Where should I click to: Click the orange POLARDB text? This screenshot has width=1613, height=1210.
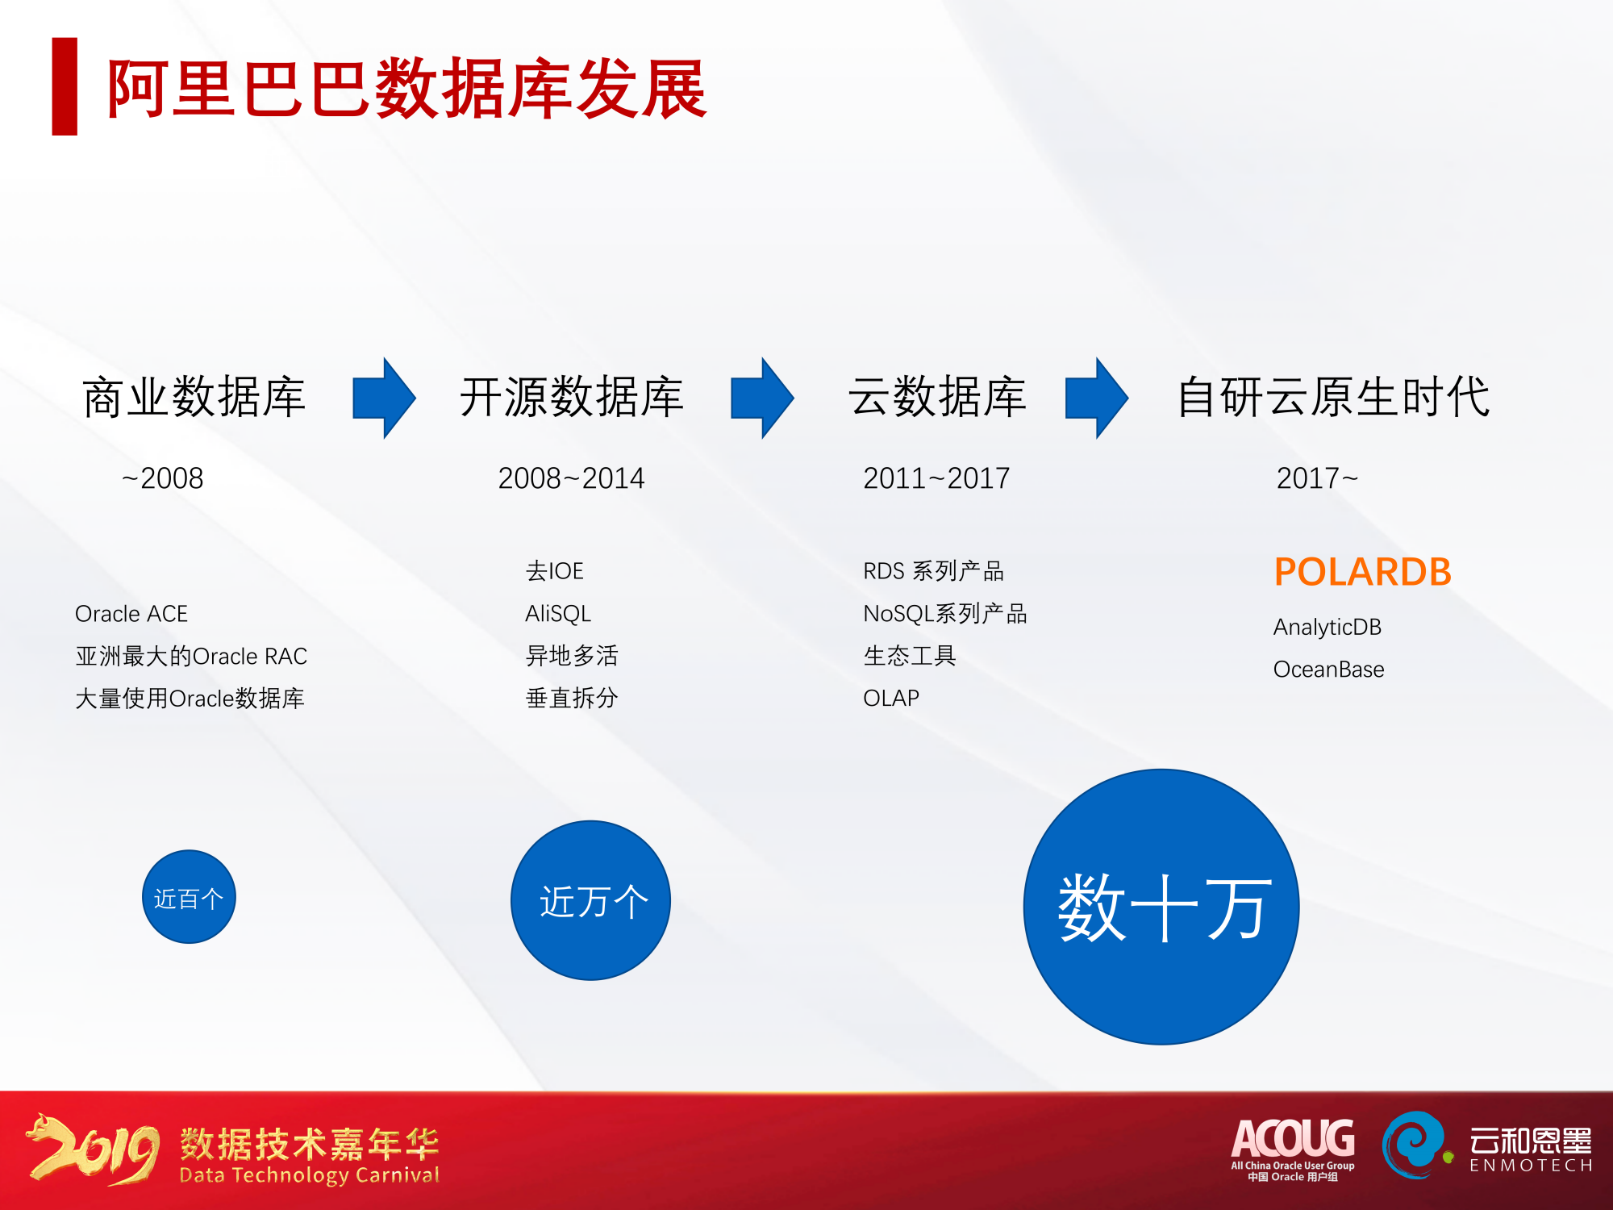pyautogui.click(x=1362, y=572)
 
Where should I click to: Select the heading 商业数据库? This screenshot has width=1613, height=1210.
pyautogui.click(x=194, y=397)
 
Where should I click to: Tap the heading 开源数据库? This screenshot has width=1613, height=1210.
pyautogui.click(x=572, y=397)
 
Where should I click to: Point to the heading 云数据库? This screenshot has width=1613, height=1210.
pyautogui.click(x=937, y=397)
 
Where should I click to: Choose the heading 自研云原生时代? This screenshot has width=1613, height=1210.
pyautogui.click(x=1333, y=397)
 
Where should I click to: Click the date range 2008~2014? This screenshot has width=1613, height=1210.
pyautogui.click(x=571, y=478)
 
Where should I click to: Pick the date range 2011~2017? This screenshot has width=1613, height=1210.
pyautogui.click(x=936, y=478)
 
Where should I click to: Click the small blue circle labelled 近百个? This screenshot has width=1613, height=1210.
pyautogui.click(x=189, y=897)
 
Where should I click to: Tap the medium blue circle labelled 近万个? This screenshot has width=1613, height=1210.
pyautogui.click(x=590, y=900)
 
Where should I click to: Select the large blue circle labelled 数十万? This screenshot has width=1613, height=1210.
pyautogui.click(x=1161, y=907)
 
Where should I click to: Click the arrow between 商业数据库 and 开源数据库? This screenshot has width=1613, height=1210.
pyautogui.click(x=384, y=398)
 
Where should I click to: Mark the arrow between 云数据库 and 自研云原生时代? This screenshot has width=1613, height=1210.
pyautogui.click(x=1096, y=398)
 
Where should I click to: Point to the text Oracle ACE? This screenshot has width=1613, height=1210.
pyautogui.click(x=131, y=614)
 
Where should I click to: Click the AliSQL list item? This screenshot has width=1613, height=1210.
pyautogui.click(x=558, y=614)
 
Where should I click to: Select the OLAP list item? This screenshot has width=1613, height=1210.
pyautogui.click(x=891, y=698)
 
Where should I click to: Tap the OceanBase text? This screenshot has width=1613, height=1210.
pyautogui.click(x=1328, y=670)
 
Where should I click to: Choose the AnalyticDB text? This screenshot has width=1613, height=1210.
pyautogui.click(x=1327, y=627)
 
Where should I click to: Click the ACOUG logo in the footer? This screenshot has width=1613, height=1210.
pyautogui.click(x=1293, y=1147)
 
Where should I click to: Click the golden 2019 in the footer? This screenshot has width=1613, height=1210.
pyautogui.click(x=94, y=1149)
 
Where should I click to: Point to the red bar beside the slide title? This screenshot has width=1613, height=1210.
pyautogui.click(x=65, y=86)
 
